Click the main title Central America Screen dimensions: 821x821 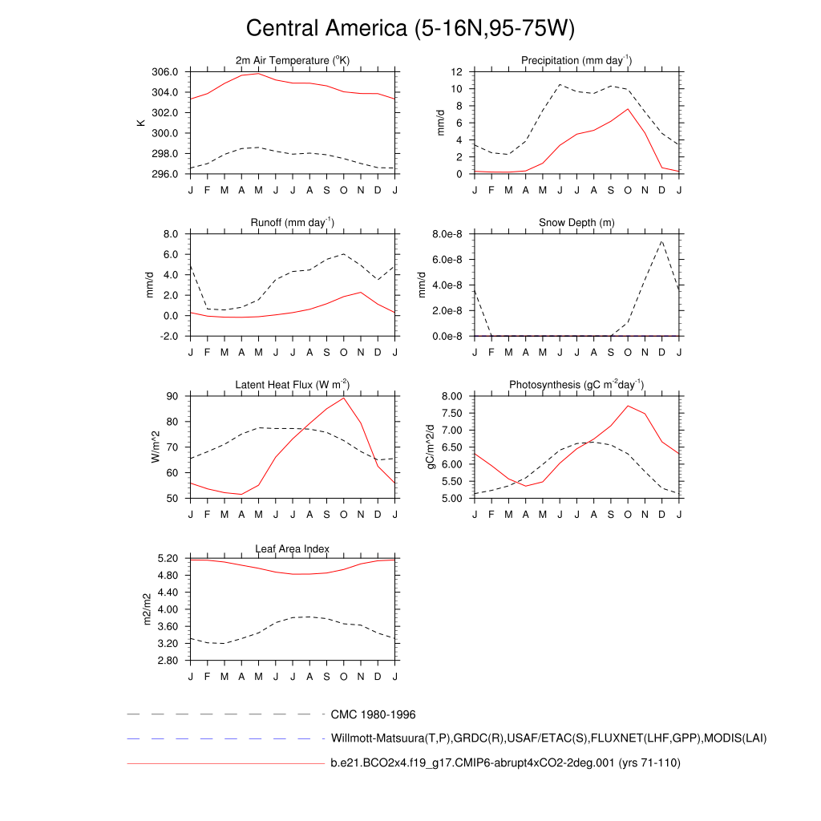410,28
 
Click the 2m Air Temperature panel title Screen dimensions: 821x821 293,61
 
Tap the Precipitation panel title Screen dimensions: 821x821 576,61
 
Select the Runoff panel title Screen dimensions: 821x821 293,222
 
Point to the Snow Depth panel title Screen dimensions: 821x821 576,222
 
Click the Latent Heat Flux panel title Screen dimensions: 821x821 293,385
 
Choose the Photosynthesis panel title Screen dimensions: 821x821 576,385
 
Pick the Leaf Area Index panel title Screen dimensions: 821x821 293,548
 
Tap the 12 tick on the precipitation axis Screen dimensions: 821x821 456,72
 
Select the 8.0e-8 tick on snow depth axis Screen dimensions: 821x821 450,234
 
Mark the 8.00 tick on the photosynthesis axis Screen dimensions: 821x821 452,396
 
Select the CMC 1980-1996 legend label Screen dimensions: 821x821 373,714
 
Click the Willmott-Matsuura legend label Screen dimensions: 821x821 548,738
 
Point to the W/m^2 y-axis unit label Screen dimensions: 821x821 156,447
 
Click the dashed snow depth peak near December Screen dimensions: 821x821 662,241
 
